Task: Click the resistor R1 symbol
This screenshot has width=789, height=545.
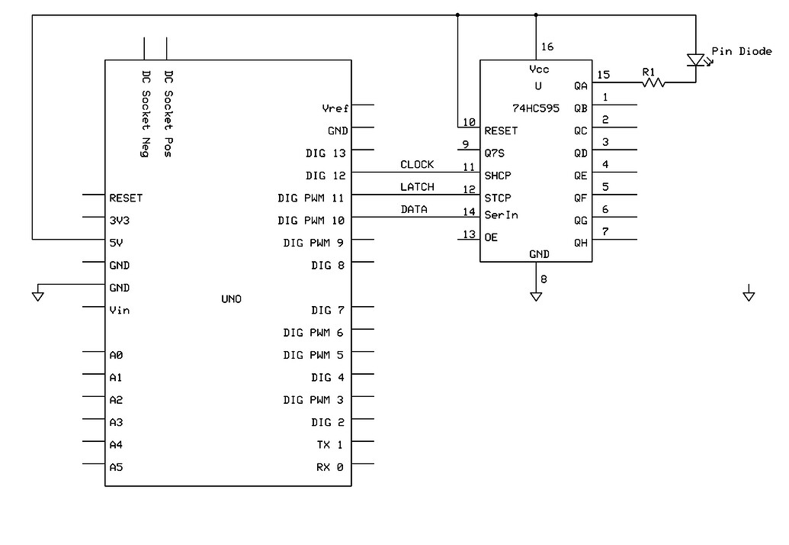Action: point(653,82)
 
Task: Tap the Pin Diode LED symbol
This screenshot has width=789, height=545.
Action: point(694,60)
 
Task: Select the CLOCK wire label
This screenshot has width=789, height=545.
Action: point(417,164)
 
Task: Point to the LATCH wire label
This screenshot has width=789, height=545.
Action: point(417,187)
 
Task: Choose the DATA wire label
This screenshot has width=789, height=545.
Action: point(414,209)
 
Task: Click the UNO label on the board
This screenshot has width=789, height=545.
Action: point(231,299)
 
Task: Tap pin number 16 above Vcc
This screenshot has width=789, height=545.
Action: point(547,47)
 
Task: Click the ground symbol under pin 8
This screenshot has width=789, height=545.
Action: point(536,296)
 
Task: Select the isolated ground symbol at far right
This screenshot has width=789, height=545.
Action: point(749,295)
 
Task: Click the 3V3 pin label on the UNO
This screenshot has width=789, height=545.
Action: point(120,221)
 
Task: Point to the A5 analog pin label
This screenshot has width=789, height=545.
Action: point(116,467)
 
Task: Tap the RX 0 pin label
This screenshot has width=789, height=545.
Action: point(329,466)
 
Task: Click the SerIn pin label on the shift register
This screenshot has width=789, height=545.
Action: point(501,214)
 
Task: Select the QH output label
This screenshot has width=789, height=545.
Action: point(581,243)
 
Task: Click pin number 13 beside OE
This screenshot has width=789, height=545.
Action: point(469,234)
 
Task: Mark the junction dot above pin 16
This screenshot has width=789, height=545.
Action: point(536,15)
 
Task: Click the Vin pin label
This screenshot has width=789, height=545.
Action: point(120,310)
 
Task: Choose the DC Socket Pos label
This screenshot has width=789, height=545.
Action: point(168,114)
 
